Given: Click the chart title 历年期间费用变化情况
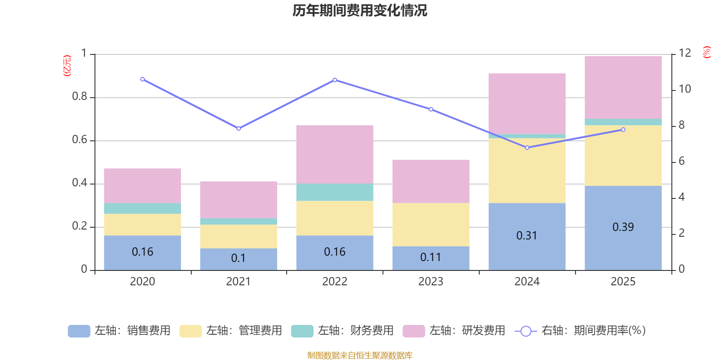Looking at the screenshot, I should pyautogui.click(x=360, y=10).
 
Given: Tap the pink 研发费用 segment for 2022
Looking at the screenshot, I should pyautogui.click(x=334, y=154).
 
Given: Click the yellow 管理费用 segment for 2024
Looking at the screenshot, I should pyautogui.click(x=526, y=171).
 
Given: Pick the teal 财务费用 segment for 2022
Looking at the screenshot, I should pyautogui.click(x=334, y=192).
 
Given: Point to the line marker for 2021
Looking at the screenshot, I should pyautogui.click(x=238, y=129).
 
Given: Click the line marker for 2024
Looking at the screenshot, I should pyautogui.click(x=527, y=148).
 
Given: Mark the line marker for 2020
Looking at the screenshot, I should pyautogui.click(x=143, y=79).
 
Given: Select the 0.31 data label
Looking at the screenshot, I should pyautogui.click(x=526, y=236).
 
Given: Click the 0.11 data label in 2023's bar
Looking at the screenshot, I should pyautogui.click(x=431, y=257).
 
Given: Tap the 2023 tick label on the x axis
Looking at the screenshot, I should pyautogui.click(x=431, y=282).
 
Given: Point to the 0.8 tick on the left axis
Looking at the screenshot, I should pyautogui.click(x=80, y=97).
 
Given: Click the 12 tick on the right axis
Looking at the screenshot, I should pyautogui.click(x=685, y=53).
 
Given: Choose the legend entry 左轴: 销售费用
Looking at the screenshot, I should pyautogui.click(x=119, y=331).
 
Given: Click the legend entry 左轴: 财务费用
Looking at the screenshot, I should pyautogui.click(x=342, y=331).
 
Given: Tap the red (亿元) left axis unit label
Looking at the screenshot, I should pyautogui.click(x=67, y=66).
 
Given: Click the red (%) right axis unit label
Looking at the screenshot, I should pyautogui.click(x=707, y=52).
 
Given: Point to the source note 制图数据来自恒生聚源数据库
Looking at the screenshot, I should pyautogui.click(x=360, y=355).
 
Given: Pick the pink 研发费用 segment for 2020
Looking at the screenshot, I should pyautogui.click(x=142, y=185).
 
